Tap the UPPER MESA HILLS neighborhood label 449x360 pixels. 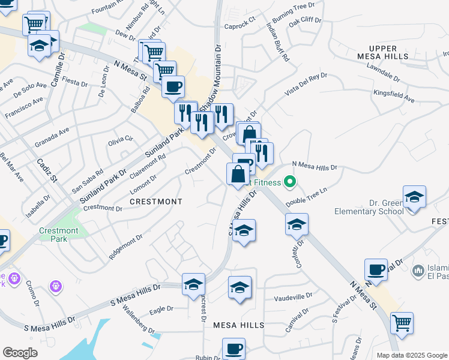[384, 52]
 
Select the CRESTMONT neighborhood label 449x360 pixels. [155, 202]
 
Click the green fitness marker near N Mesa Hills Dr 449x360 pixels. [291, 181]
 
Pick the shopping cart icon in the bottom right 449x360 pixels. [402, 323]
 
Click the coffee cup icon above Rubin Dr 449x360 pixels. [234, 348]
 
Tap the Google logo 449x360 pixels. [20, 353]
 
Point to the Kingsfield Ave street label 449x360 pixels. [394, 96]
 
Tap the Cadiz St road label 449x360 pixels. [46, 170]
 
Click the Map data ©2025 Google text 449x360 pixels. [411, 355]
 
